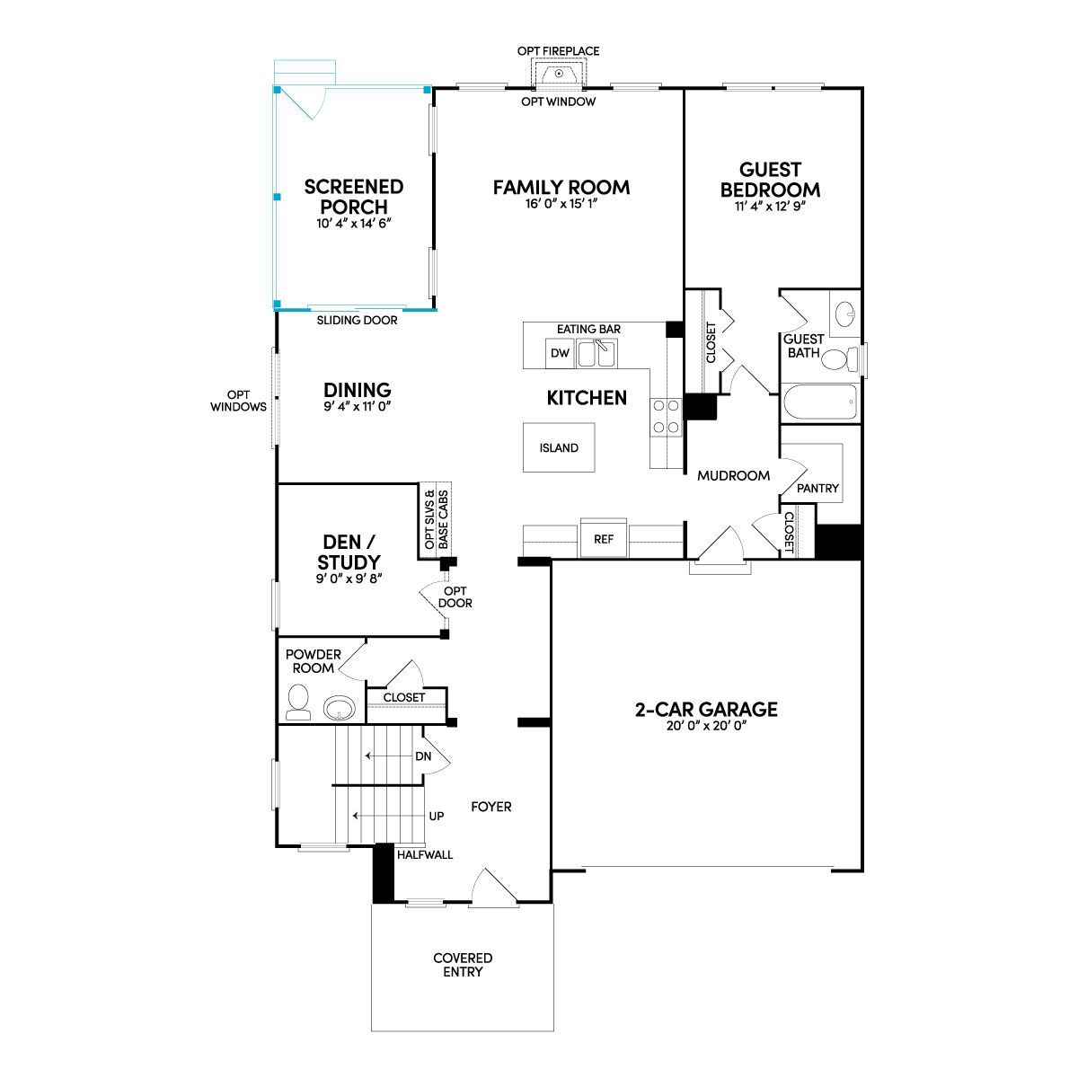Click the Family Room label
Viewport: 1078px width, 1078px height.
[x=561, y=188]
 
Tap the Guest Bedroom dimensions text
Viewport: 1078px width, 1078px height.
[x=770, y=207]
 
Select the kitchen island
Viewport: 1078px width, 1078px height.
[x=559, y=447]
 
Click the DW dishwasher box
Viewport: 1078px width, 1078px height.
[x=560, y=354]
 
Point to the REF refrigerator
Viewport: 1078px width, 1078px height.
[x=604, y=539]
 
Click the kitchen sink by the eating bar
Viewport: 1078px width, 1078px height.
[x=596, y=354]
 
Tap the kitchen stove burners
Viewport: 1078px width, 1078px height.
[x=667, y=417]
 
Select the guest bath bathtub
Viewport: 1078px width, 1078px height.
[x=820, y=402]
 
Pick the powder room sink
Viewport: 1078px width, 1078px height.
[x=339, y=708]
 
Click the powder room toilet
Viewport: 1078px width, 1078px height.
[x=298, y=702]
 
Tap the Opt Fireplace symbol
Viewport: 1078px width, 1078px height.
[x=559, y=74]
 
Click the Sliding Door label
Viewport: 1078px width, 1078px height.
[x=357, y=321]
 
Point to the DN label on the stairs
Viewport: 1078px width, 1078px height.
[x=423, y=756]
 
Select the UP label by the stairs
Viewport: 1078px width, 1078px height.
[x=437, y=817]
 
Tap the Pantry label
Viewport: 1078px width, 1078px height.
[x=817, y=489]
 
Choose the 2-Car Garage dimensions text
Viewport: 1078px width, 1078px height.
[x=707, y=726]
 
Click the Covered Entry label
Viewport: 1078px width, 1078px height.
[x=463, y=965]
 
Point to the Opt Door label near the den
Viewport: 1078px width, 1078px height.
[x=455, y=596]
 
